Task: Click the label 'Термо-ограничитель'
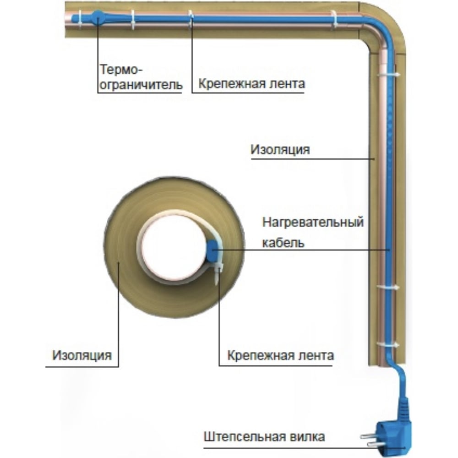coord(142,77)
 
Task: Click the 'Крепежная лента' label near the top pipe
coord(251,84)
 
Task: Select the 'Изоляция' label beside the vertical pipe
coord(280,150)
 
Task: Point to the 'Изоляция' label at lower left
coord(82,355)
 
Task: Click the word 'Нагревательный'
coord(313,222)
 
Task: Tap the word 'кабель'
coord(284,243)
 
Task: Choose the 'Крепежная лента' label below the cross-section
coord(280,355)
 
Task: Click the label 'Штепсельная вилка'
coord(264,436)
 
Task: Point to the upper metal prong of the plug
coord(369,436)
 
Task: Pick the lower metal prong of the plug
coord(375,444)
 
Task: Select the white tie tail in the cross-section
coord(217,274)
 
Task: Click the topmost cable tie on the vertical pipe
coord(387,75)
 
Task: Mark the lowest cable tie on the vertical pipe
coord(387,345)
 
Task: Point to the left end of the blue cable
coord(73,18)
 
